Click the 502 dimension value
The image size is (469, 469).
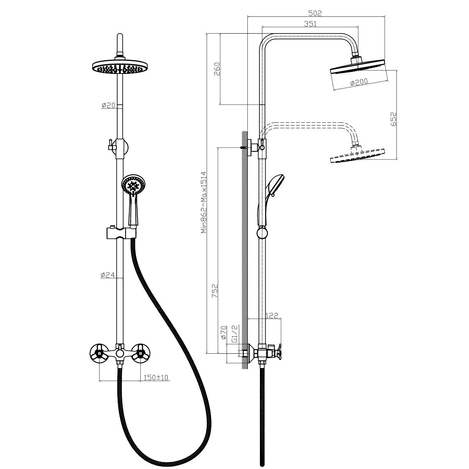[x=315, y=13]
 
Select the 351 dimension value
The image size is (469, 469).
[x=310, y=23]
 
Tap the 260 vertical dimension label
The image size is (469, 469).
[x=217, y=69]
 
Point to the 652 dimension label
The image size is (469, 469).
[x=393, y=119]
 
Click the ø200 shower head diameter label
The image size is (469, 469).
[x=359, y=82]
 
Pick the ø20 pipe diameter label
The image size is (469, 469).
[x=108, y=105]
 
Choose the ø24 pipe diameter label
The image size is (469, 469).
[x=107, y=275]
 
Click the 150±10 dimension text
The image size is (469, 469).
[x=156, y=378]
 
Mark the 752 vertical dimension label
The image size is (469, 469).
[x=215, y=291]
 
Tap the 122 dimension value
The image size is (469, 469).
[x=272, y=316]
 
